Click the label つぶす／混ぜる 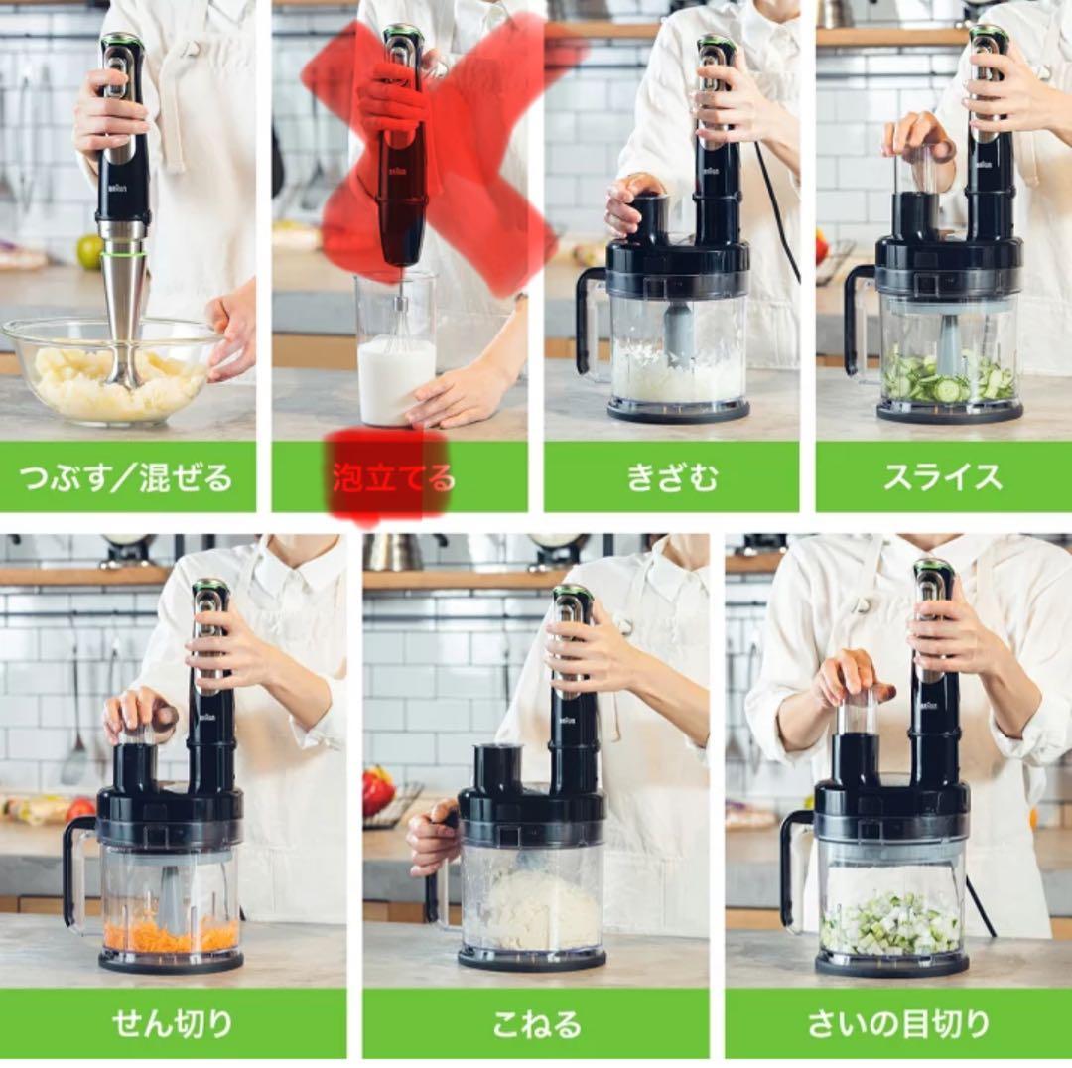coord(127,477)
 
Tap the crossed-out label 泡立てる coord(393,477)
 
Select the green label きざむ coord(671,477)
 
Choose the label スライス coord(943,477)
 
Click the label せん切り coord(173,1022)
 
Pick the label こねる coord(536,1022)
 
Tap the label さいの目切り coord(898,1022)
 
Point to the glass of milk coord(396,377)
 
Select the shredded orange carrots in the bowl coord(171,933)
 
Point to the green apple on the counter coord(89,251)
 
